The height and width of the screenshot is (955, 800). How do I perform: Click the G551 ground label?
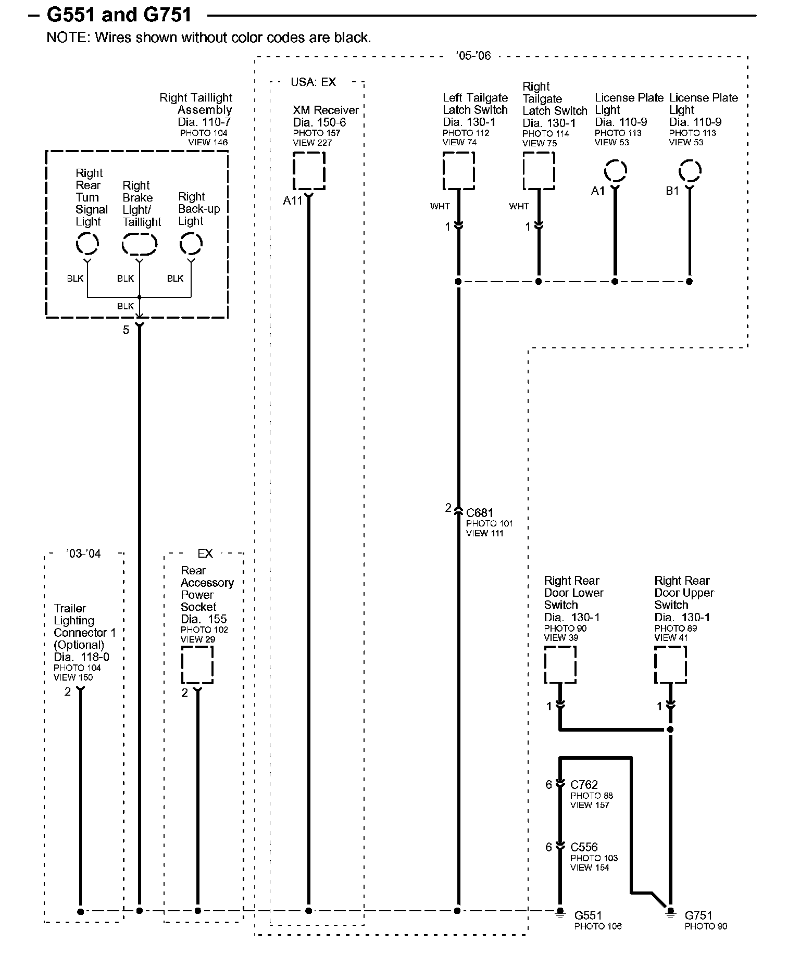point(588,915)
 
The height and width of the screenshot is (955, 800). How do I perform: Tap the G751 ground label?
point(698,915)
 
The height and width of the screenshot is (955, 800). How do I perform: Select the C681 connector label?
point(480,513)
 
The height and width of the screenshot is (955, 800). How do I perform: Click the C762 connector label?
point(584,784)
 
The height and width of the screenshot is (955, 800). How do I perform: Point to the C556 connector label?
point(584,847)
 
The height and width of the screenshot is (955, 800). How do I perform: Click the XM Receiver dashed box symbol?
point(309,171)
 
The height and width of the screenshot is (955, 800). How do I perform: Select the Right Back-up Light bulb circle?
point(191,244)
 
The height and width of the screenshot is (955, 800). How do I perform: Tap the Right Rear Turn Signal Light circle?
point(87,244)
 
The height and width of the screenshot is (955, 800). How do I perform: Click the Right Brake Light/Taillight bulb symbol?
point(139,244)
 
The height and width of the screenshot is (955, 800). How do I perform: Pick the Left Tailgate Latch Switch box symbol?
point(458,171)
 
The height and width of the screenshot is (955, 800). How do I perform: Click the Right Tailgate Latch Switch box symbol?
point(539,171)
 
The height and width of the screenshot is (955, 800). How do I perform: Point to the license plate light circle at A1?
point(615,171)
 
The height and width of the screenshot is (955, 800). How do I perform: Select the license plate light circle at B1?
point(690,171)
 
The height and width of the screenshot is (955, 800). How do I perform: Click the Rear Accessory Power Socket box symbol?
point(197,665)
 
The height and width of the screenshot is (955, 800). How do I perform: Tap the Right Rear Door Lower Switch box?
point(560,664)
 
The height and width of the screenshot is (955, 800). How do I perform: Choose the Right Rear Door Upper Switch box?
point(670,664)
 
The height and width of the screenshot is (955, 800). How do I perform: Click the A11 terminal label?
point(293,200)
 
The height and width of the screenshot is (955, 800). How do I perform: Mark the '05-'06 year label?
point(473,56)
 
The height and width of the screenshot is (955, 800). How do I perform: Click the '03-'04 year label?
point(83,554)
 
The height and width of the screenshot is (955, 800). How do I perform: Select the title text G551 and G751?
point(119,15)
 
